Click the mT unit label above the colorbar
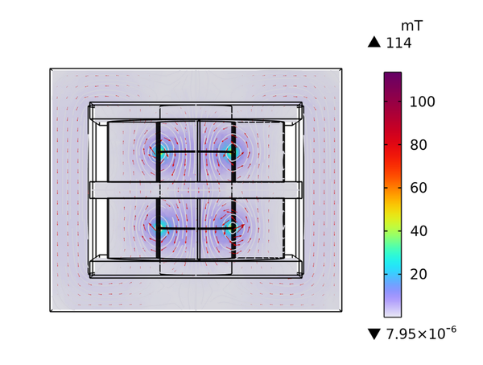tap(411, 27)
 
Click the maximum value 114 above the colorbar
tap(398, 43)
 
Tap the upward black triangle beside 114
tap(374, 42)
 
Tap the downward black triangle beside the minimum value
tap(374, 334)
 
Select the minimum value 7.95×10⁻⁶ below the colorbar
tap(421, 334)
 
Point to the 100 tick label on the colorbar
tap(422, 102)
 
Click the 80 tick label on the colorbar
tap(419, 144)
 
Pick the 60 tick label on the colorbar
tap(419, 188)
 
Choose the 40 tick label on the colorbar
tap(419, 231)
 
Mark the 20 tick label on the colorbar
tap(419, 274)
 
